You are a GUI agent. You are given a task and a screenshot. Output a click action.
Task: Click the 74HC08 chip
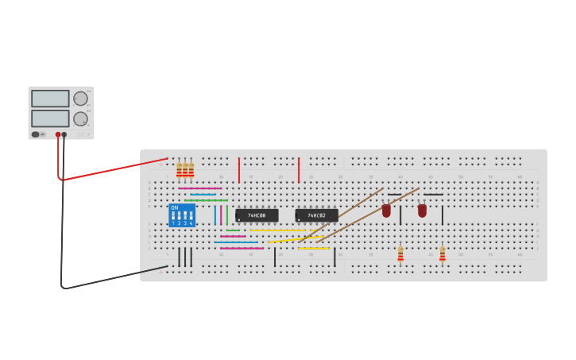pos(257,215)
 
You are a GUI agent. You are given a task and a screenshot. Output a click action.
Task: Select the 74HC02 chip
pos(316,215)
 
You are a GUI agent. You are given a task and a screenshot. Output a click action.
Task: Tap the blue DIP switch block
pos(182,215)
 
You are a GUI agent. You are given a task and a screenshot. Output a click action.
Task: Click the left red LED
pos(386,211)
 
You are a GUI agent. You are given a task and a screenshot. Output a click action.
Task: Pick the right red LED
pos(422,211)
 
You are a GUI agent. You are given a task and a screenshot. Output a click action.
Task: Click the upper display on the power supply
pos(50,99)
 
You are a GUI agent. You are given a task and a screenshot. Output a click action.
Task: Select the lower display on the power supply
pos(50,118)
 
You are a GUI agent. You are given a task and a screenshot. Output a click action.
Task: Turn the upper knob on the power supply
pos(80,99)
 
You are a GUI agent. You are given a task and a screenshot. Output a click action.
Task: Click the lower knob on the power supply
pos(80,118)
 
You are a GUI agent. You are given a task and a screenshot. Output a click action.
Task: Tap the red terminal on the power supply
pos(58,135)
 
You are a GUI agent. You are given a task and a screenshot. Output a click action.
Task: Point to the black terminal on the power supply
pos(64,135)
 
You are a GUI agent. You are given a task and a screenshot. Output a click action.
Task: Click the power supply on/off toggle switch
pos(36,134)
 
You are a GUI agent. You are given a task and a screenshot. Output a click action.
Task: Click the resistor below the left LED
pos(400,254)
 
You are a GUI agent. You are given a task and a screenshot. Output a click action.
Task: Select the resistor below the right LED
pos(443,254)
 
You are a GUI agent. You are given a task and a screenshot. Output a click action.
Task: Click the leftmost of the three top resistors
pos(180,168)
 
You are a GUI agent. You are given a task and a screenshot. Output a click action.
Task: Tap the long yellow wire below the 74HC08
pos(277,230)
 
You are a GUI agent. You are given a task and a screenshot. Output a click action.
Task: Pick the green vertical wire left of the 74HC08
pos(227,215)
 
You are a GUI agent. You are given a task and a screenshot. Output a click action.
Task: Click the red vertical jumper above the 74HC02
pos(299,170)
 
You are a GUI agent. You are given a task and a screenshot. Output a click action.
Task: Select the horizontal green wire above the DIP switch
pos(206,200)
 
